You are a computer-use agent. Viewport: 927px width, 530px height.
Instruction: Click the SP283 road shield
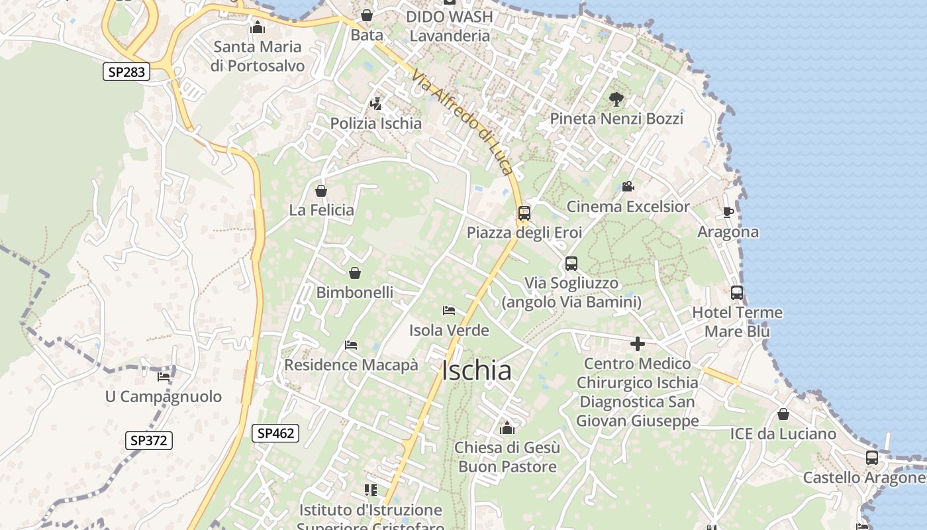(126, 72)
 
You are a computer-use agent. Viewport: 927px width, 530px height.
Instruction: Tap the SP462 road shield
(275, 433)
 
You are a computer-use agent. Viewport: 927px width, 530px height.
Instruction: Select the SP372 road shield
(149, 440)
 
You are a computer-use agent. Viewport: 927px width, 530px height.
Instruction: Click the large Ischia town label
(476, 371)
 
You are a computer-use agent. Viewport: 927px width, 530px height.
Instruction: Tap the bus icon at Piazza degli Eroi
(524, 213)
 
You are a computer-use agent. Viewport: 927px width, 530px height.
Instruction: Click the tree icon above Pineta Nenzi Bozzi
(616, 99)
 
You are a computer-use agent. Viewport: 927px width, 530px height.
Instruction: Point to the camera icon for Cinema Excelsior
(628, 187)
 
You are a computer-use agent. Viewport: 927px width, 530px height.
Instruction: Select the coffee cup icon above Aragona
(728, 213)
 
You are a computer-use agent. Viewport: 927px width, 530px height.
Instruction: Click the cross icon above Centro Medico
(637, 344)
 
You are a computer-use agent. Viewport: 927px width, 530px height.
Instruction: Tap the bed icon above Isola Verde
(449, 310)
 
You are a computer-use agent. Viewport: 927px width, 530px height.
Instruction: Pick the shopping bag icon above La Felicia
(321, 191)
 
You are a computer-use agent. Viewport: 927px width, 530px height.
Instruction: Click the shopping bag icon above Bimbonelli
(355, 273)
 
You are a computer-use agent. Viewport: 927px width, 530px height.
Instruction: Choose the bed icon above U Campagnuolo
(164, 377)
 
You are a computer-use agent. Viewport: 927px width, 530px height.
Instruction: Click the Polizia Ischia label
(376, 123)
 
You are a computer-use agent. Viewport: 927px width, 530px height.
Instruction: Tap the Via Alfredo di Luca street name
(462, 123)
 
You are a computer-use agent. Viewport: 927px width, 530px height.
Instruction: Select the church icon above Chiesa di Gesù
(507, 428)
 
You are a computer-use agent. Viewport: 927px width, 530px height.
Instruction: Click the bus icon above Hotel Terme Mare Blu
(737, 293)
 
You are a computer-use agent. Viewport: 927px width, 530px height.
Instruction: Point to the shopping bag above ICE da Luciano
(783, 415)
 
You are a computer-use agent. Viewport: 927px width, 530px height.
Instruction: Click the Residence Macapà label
(351, 365)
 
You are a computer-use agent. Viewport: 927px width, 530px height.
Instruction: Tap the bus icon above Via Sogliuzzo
(571, 264)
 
